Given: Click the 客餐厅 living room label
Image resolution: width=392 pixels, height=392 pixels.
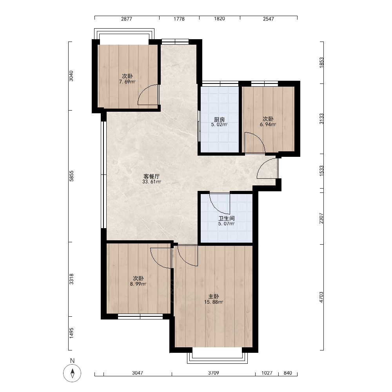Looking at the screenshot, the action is [151, 176].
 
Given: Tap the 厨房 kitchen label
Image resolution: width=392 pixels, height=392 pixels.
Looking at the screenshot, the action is [219, 119].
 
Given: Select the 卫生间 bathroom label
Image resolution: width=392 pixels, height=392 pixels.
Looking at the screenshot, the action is [227, 218].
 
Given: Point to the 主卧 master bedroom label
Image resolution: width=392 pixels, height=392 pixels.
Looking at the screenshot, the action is [214, 296].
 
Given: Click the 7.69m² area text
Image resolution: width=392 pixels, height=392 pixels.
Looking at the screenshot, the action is [127, 82].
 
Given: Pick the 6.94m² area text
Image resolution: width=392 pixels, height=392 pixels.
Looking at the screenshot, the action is [268, 125].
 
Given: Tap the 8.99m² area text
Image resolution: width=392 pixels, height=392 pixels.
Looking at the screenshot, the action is [138, 284].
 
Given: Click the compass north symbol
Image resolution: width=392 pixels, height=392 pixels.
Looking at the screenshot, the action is [72, 373].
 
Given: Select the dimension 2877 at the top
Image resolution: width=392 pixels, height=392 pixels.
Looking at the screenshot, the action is [127, 19].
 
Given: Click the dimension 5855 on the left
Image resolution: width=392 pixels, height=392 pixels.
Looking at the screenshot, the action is [71, 176].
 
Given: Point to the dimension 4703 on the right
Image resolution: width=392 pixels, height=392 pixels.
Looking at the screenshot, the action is [321, 297].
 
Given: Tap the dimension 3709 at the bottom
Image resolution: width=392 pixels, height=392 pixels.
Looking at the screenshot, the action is [214, 373].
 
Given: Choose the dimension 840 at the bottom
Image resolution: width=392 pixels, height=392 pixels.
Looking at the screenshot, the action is [288, 373].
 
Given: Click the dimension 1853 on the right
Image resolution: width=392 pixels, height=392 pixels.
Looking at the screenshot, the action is [321, 62].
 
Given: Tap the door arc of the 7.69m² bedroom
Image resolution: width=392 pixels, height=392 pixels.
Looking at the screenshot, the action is [143, 90].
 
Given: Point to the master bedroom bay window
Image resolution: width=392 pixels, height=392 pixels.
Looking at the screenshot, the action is [217, 358].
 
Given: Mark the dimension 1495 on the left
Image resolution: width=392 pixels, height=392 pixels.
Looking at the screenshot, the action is [71, 333].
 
